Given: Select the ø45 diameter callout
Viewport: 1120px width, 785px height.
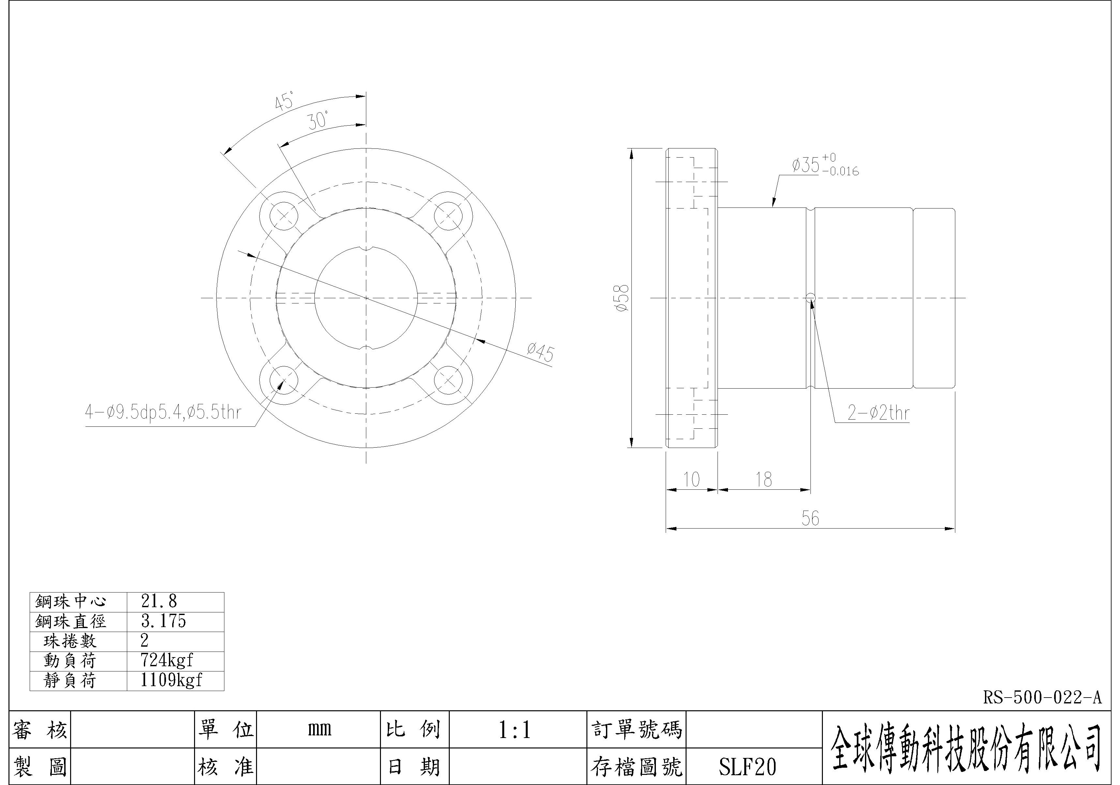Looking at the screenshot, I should tap(540, 352).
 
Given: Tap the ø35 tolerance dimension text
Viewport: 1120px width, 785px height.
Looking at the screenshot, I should tap(825, 165).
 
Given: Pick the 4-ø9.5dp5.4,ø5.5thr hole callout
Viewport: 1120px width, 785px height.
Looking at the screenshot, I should tap(163, 413).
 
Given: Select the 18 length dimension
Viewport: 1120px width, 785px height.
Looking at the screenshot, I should tap(764, 480).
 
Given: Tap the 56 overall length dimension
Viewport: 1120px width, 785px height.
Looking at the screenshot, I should tap(810, 518).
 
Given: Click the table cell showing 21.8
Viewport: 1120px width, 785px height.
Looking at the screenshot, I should tap(159, 601).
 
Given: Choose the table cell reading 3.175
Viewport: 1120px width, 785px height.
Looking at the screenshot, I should tap(163, 621).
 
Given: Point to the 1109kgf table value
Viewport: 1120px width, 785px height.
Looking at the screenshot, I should tap(171, 680).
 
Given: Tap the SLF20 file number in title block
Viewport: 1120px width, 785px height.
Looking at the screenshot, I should tap(747, 767).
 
